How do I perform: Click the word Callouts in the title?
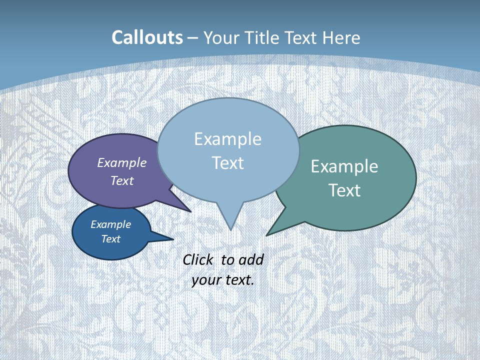coord(147,37)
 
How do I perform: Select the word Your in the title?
coord(220,38)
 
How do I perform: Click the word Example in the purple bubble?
coord(122,162)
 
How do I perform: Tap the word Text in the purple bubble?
coord(122,180)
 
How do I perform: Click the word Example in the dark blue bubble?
coord(110,224)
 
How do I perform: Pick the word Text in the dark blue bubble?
coord(110,239)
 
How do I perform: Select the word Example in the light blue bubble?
coord(227,139)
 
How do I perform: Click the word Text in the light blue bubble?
coord(227,163)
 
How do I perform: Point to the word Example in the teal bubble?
coord(344,166)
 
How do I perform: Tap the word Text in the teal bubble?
coord(344,190)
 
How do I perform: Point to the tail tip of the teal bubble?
coord(268,234)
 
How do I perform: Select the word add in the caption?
coord(251,259)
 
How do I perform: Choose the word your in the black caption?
coord(205,280)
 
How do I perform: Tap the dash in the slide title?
coord(192,38)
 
